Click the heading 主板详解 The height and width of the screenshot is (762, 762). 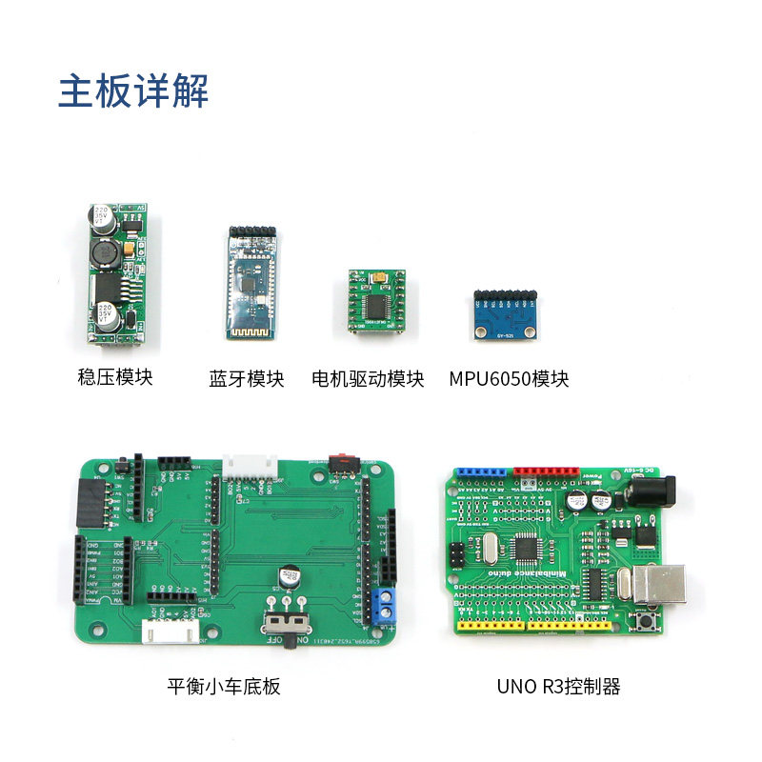133,92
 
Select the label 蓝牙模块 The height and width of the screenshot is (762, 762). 247,378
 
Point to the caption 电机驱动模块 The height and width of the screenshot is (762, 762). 368,378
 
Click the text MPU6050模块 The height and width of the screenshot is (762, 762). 509,378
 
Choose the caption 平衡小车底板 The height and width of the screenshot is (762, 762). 224,686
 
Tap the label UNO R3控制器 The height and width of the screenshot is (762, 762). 558,686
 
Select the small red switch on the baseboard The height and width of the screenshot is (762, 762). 337,461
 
